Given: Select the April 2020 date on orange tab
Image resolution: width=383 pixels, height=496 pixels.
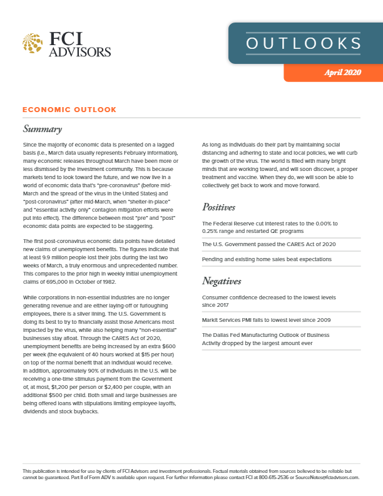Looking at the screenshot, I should coord(342,73).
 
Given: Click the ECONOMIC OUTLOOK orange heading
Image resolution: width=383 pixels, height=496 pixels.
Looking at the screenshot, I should coord(69,110).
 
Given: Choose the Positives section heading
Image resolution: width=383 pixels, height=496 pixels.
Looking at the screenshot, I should coord(222,207).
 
